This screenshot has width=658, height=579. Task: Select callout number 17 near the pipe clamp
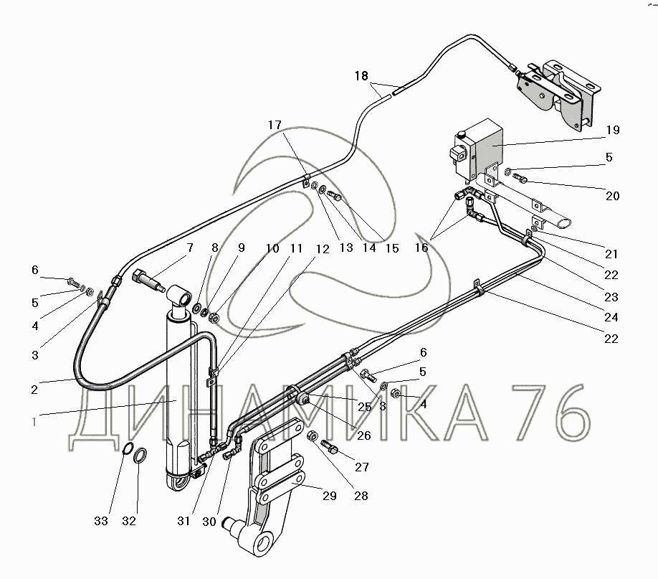276,125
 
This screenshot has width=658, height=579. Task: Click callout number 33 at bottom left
101,521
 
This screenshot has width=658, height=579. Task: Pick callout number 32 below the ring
128,521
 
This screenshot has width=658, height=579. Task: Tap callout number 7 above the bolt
190,248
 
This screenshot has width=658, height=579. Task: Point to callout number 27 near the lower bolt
361,467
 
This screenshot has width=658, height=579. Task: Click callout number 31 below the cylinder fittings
184,522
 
